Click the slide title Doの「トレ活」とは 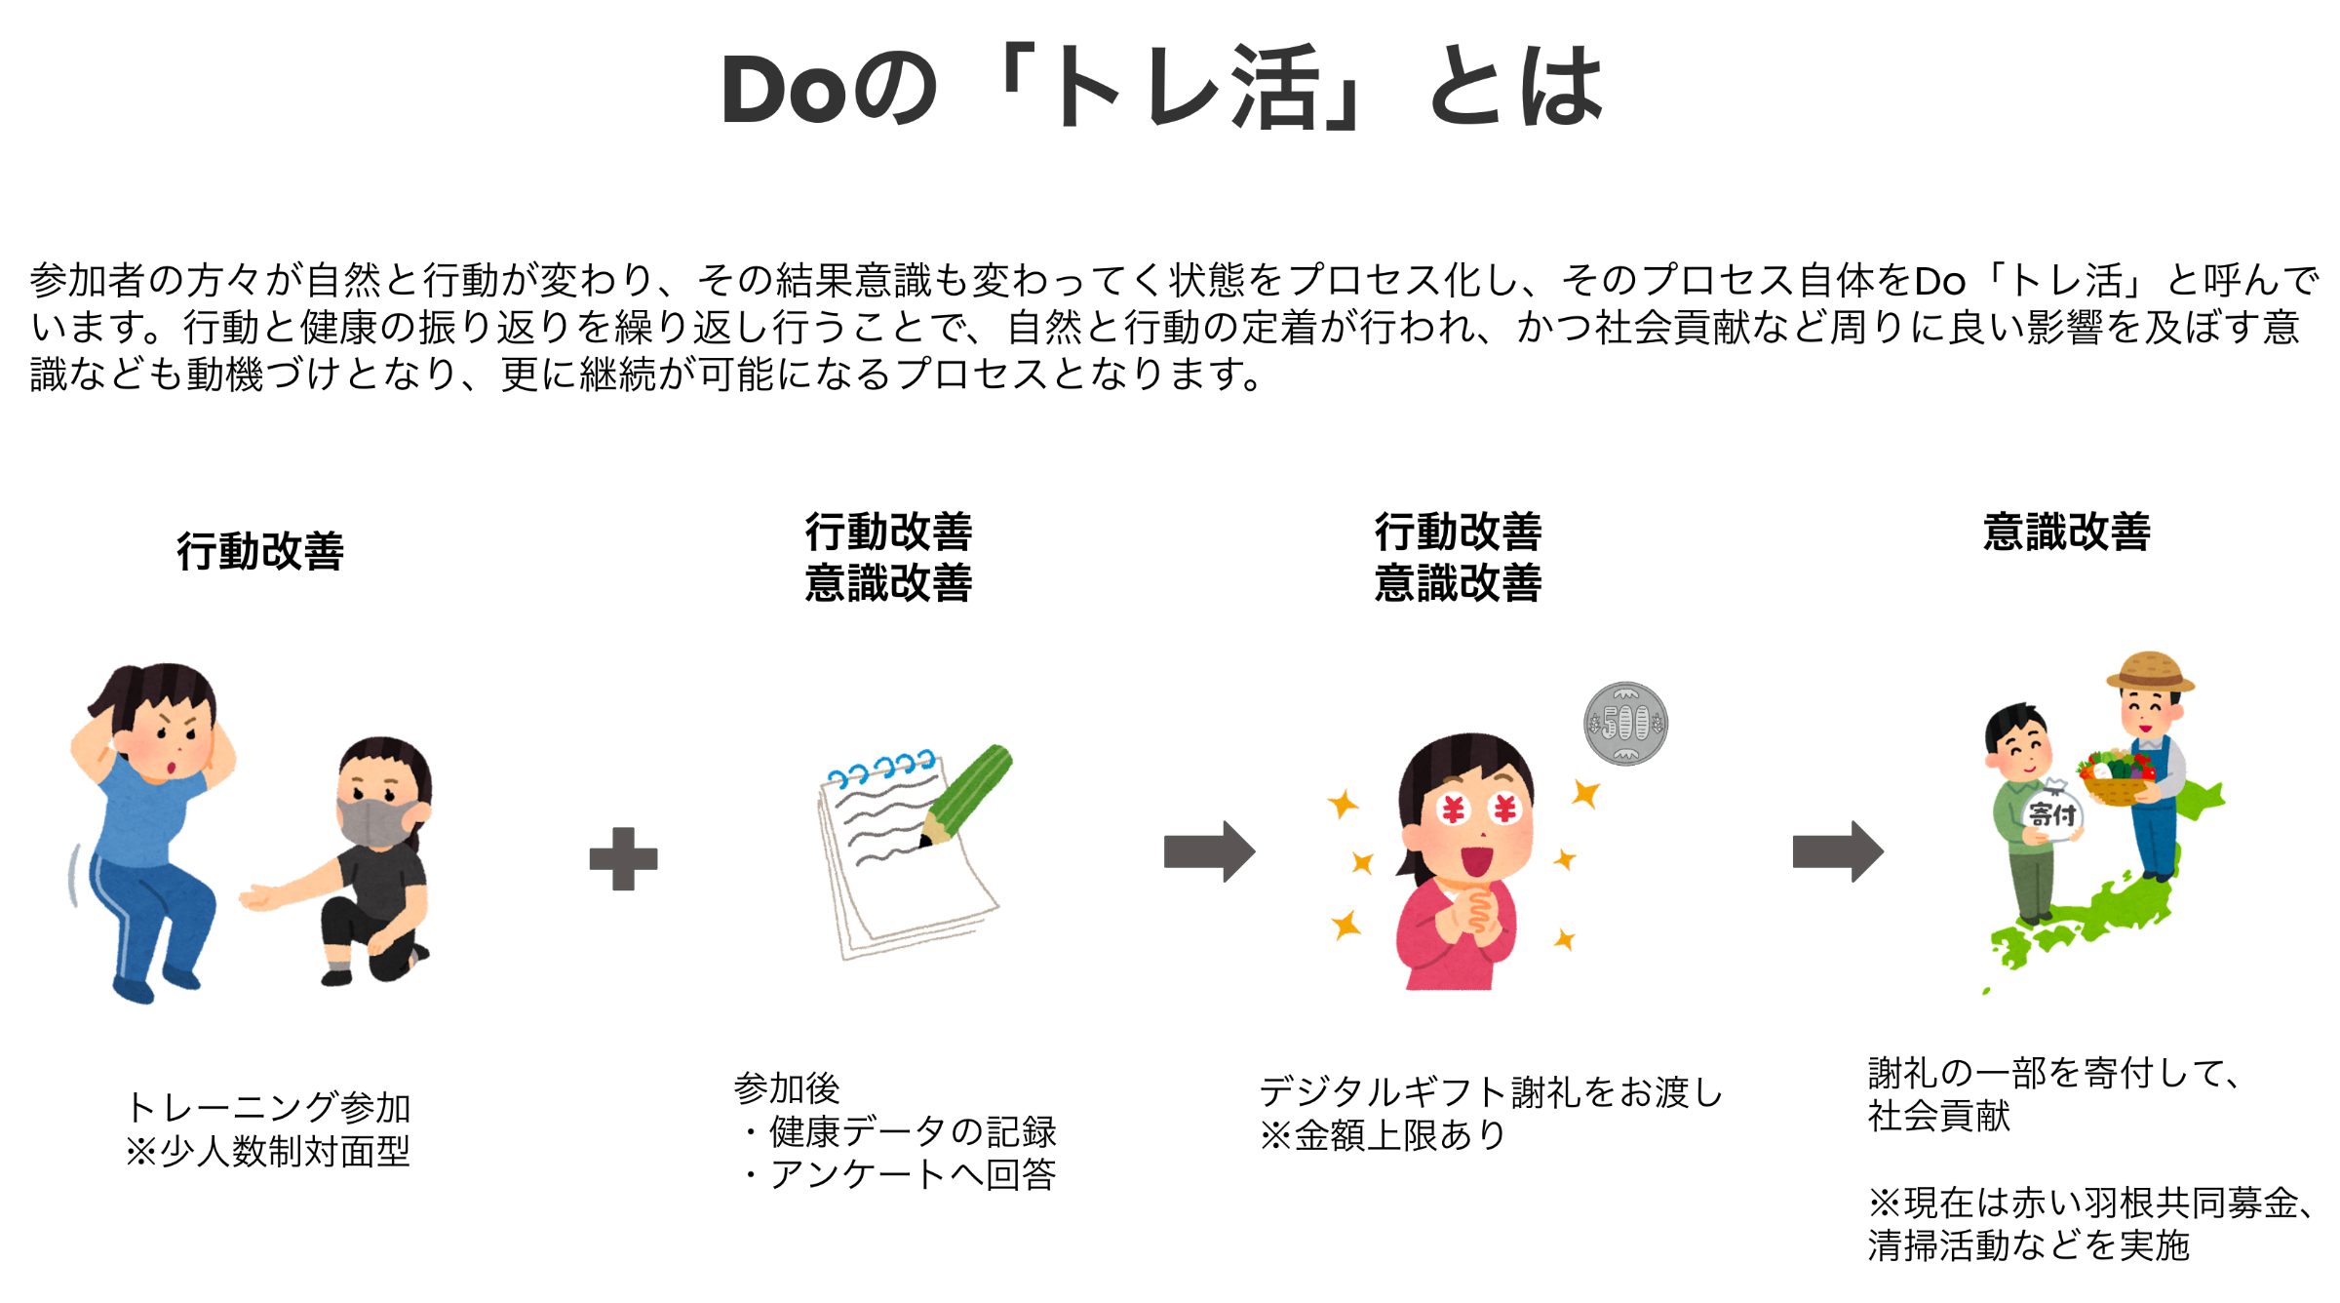click(1162, 88)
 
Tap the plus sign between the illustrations click(624, 858)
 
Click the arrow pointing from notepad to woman click(1209, 851)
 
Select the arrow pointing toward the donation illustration click(1838, 851)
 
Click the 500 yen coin click(1625, 724)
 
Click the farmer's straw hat click(2150, 671)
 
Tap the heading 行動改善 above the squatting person click(260, 551)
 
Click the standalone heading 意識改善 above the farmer click(2067, 533)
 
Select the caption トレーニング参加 click(268, 1108)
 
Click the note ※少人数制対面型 click(268, 1152)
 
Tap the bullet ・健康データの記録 click(897, 1131)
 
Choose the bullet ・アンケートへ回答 click(897, 1174)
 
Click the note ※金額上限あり click(1384, 1135)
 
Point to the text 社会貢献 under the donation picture click(1939, 1116)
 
